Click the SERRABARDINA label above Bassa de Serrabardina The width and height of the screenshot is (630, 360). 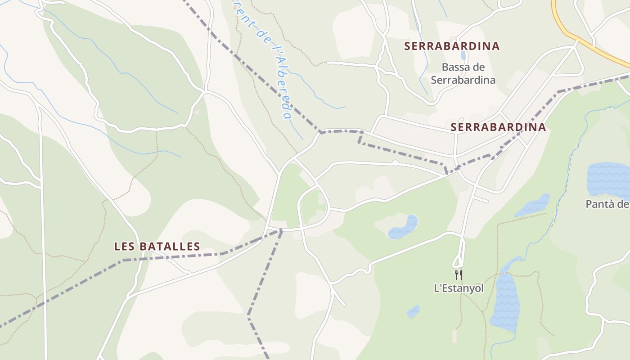(x=452, y=46)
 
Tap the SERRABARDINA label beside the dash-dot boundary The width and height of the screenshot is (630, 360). (x=498, y=127)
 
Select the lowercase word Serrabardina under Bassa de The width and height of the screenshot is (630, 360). (x=463, y=80)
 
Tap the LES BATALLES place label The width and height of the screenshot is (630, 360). (x=157, y=246)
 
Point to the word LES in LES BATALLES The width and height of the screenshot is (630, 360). (x=124, y=246)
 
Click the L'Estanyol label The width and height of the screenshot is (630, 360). (x=459, y=288)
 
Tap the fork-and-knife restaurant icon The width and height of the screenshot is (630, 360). (x=459, y=274)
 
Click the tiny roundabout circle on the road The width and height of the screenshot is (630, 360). (x=395, y=163)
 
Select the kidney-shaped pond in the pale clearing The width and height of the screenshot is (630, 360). (x=403, y=227)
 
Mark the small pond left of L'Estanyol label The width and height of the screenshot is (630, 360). (x=413, y=311)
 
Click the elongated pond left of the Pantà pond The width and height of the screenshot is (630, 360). (x=533, y=205)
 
